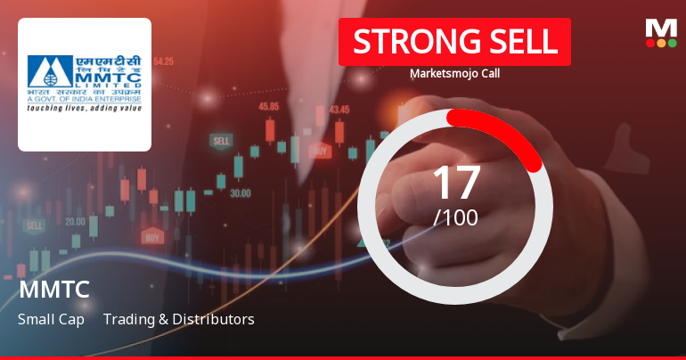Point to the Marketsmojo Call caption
pyautogui.click(x=454, y=74)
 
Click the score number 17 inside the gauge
pyautogui.click(x=455, y=182)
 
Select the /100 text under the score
pyautogui.click(x=455, y=217)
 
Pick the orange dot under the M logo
pyautogui.click(x=660, y=43)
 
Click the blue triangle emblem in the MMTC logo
pyautogui.click(x=44, y=70)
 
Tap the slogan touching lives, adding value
pyautogui.click(x=84, y=109)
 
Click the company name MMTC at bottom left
pyautogui.click(x=53, y=290)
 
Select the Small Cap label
pyautogui.click(x=51, y=319)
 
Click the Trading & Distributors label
pyautogui.click(x=178, y=319)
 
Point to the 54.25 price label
pyautogui.click(x=163, y=61)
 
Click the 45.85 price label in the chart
pyautogui.click(x=268, y=106)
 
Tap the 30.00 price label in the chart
pyautogui.click(x=240, y=192)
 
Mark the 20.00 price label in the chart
pyautogui.click(x=75, y=222)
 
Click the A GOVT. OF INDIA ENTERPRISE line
pyautogui.click(x=84, y=99)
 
